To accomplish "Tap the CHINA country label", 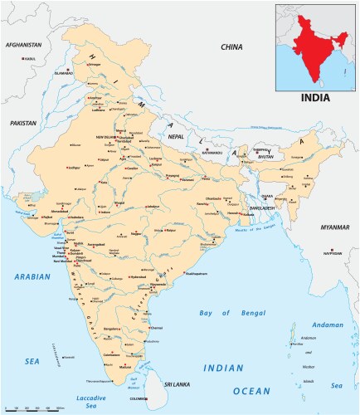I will coord(231,47).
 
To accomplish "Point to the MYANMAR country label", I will coord(335,227).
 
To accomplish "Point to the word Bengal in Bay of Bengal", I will coord(241,313).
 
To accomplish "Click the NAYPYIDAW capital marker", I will coord(333,254).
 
